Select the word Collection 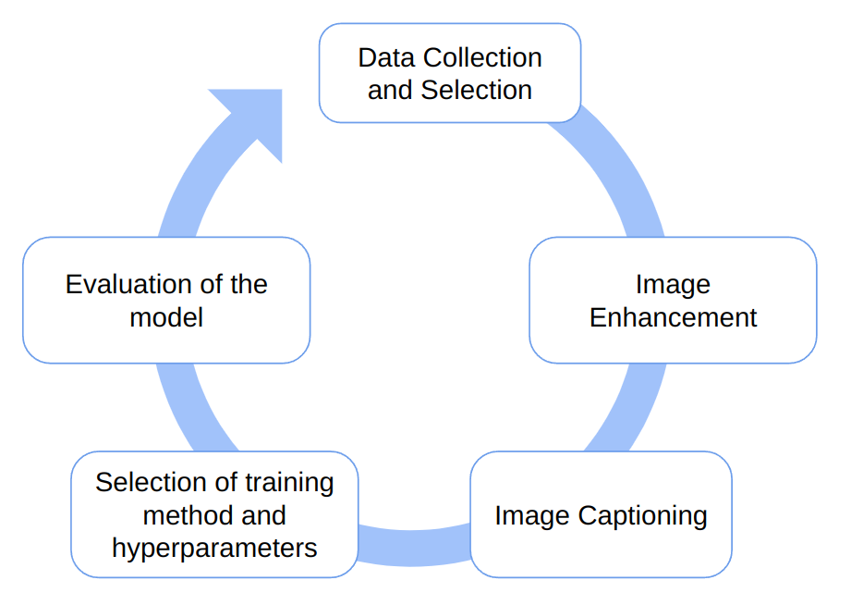pyautogui.click(x=482, y=57)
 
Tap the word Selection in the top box pyautogui.click(x=477, y=90)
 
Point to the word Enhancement pyautogui.click(x=673, y=317)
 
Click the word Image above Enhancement pyautogui.click(x=673, y=285)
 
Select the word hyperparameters pyautogui.click(x=214, y=548)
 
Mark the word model pyautogui.click(x=166, y=317)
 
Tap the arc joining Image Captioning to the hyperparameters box pyautogui.click(x=414, y=545)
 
